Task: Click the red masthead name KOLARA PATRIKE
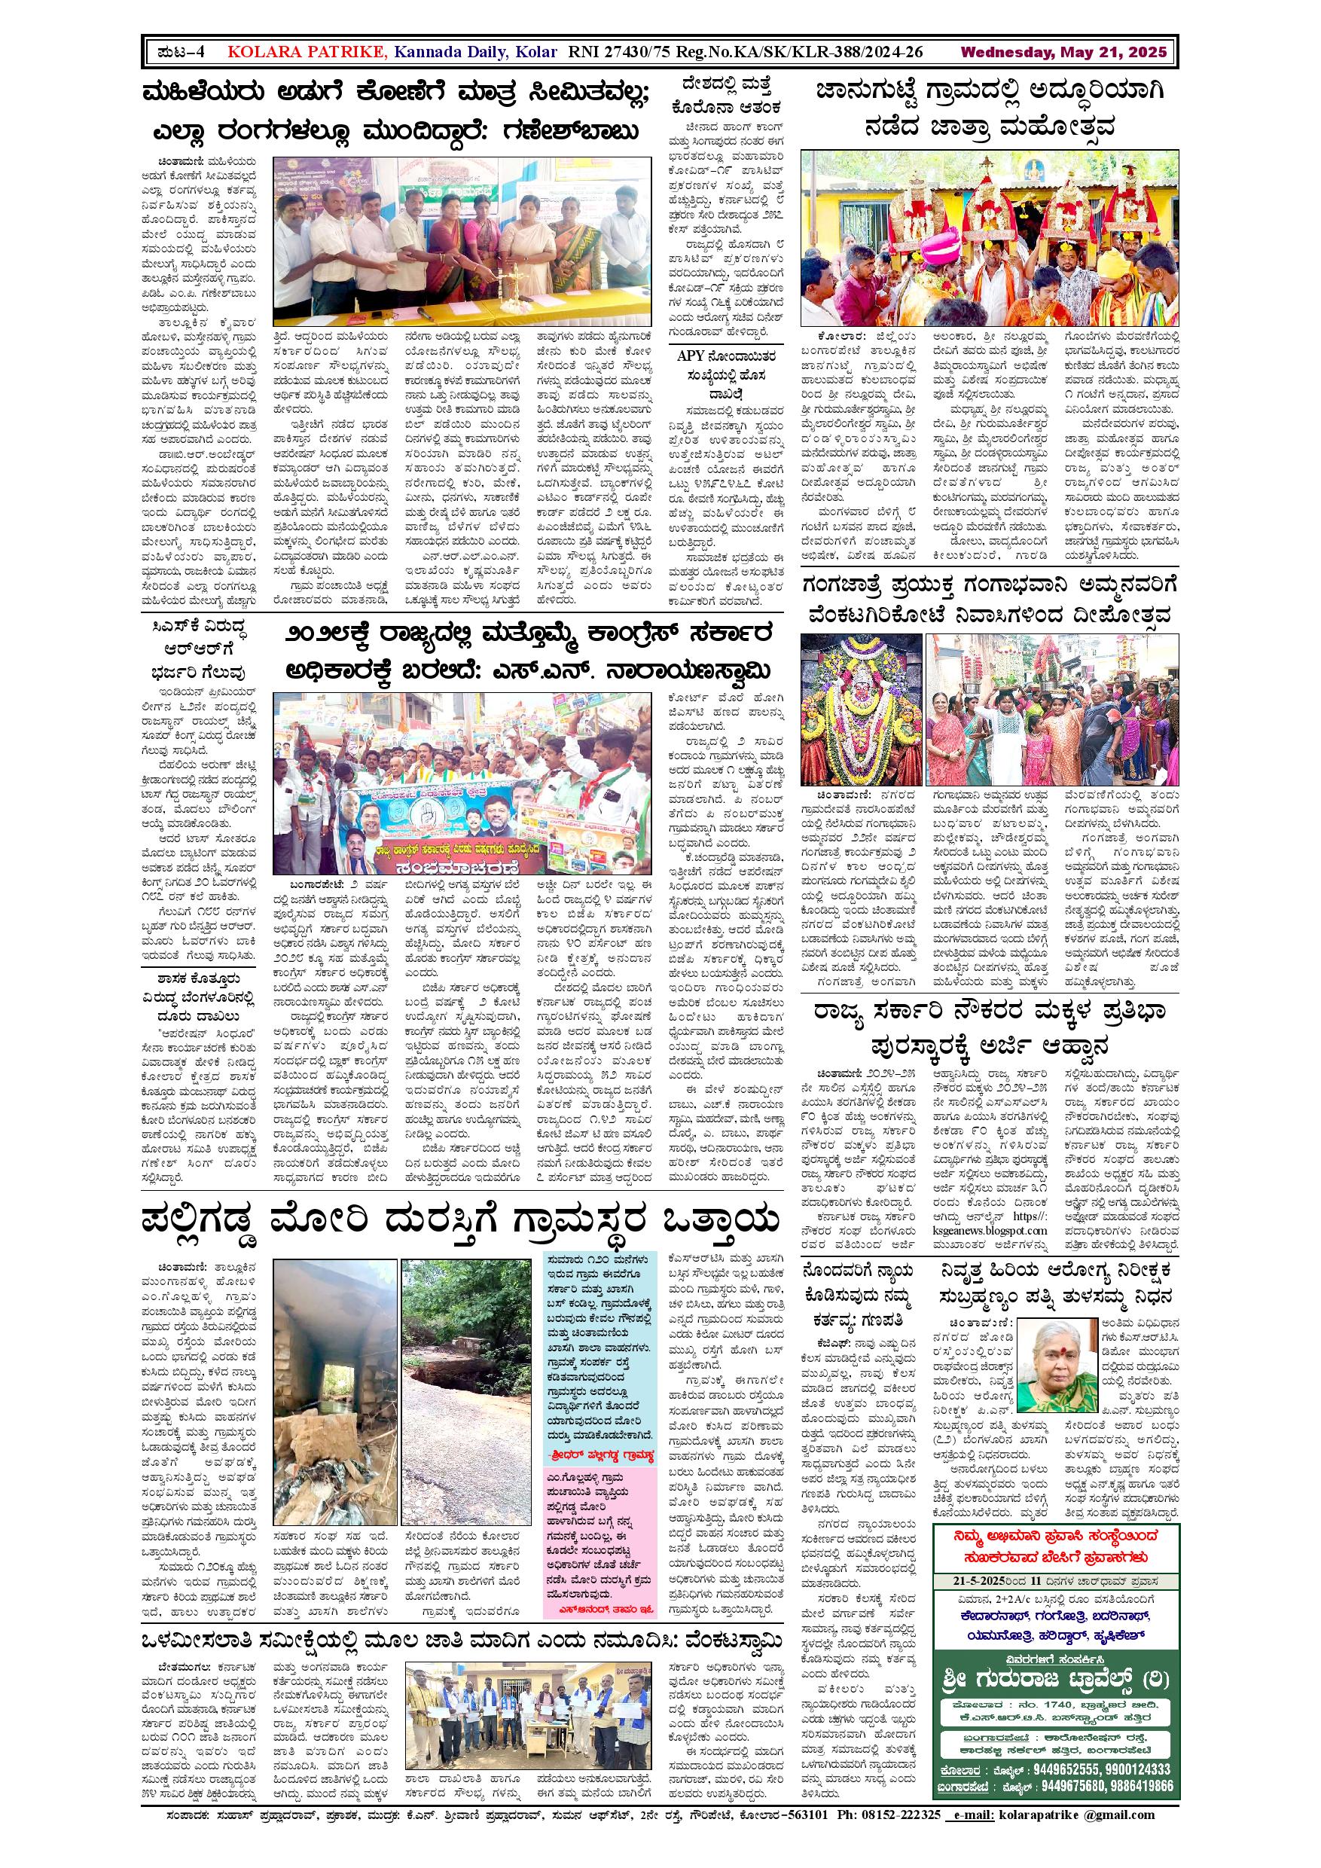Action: point(307,52)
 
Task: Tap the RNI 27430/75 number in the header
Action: point(621,52)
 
